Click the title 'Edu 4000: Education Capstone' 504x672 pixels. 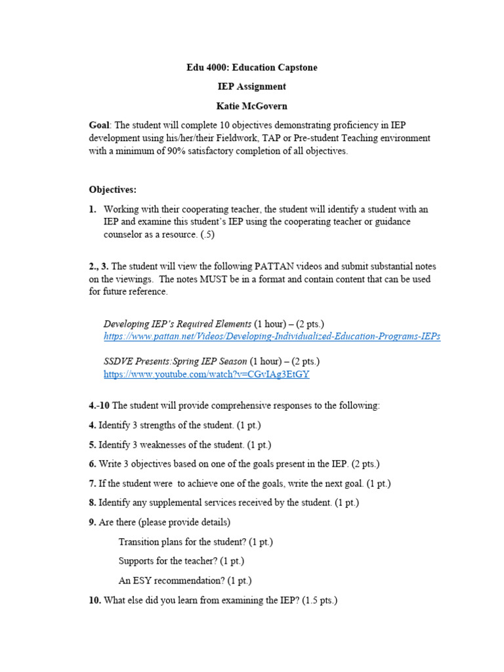click(x=252, y=68)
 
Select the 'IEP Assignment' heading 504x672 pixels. click(x=252, y=87)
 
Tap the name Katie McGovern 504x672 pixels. click(x=252, y=106)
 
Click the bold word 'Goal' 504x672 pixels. click(x=99, y=125)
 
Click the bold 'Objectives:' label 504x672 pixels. click(x=113, y=190)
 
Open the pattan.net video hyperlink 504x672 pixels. click(x=272, y=336)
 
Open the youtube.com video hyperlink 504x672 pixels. click(x=206, y=374)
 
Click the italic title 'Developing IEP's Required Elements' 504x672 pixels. click(x=177, y=324)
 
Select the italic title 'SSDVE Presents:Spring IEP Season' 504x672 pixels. click(x=175, y=362)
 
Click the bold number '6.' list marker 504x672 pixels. click(x=93, y=464)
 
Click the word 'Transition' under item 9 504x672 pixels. click(x=140, y=542)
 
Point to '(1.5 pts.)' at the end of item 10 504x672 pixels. click(x=320, y=600)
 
